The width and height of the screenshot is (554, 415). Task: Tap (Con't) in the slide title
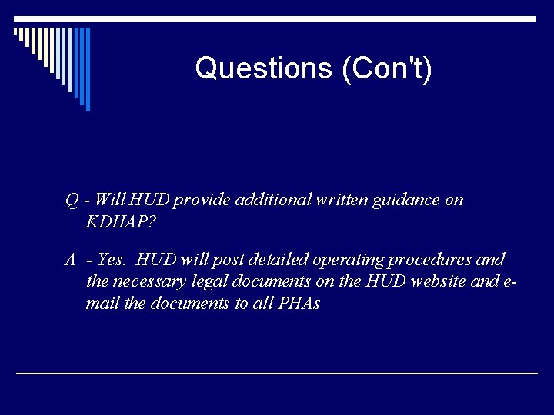click(x=385, y=68)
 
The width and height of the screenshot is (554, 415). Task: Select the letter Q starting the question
click(x=72, y=200)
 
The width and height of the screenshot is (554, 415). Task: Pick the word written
click(x=341, y=200)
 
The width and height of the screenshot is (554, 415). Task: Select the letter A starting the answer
click(x=70, y=260)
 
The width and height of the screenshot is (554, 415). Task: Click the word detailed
click(x=250, y=260)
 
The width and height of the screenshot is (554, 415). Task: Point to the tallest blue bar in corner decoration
click(x=87, y=69)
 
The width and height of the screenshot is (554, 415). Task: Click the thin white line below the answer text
click(x=277, y=373)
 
